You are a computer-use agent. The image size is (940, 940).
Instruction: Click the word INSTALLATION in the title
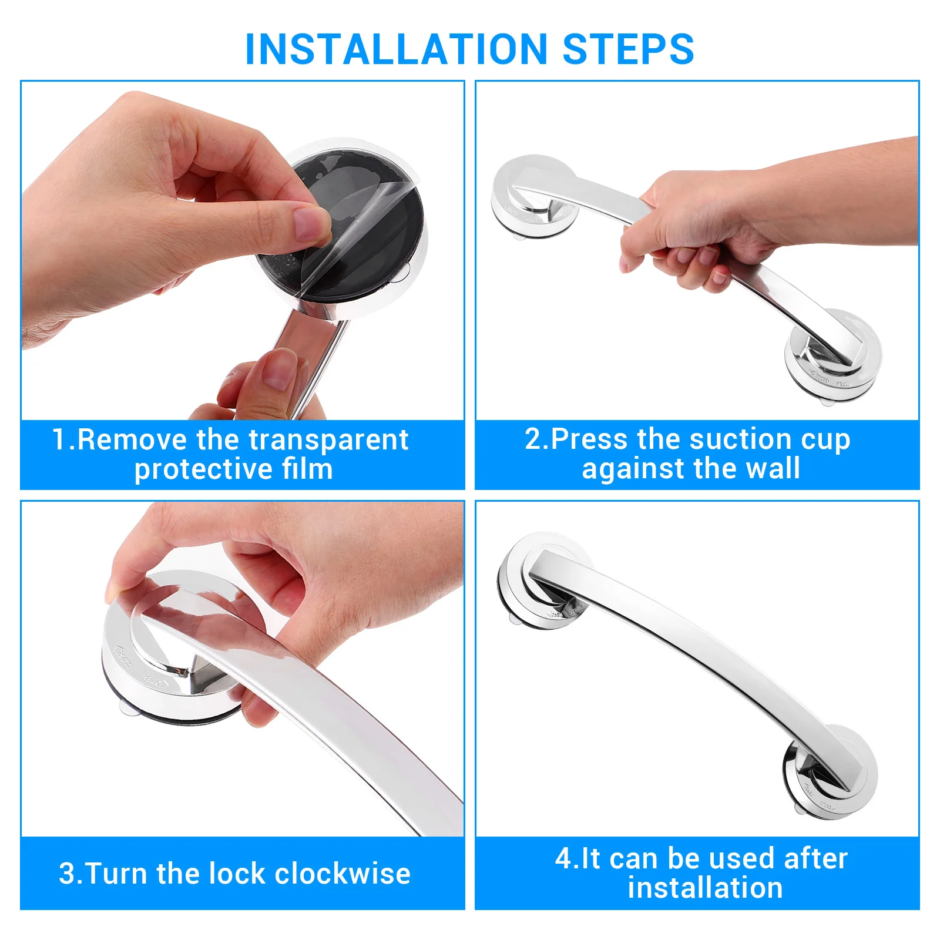(397, 49)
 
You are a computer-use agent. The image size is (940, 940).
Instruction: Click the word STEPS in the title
(628, 49)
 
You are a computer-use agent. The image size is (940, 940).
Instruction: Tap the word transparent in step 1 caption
(328, 440)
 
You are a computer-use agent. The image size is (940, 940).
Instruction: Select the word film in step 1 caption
(307, 469)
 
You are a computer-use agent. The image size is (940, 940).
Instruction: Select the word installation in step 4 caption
(704, 888)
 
